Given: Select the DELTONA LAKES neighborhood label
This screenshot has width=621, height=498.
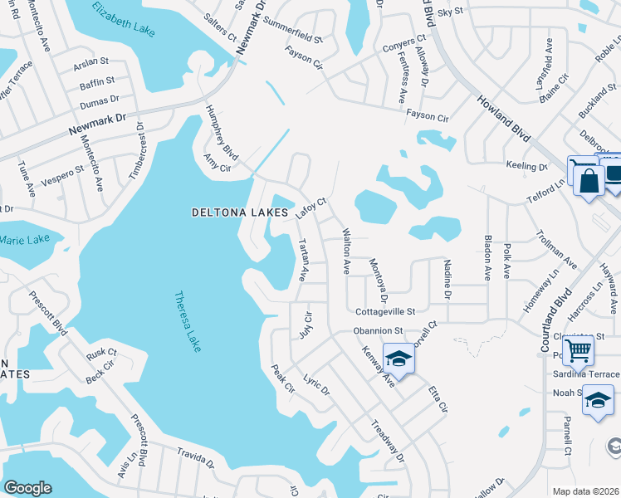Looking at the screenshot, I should (240, 212).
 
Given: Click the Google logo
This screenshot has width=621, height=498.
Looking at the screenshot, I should (27, 488).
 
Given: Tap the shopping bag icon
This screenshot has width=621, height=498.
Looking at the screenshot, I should (589, 181).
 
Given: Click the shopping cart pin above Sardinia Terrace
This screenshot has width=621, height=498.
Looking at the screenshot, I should (577, 349).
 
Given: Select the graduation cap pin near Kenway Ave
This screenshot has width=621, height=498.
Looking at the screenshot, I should (399, 359).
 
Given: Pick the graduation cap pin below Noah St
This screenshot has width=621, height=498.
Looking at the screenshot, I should (598, 402).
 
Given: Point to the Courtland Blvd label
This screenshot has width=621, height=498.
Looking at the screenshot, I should (557, 320).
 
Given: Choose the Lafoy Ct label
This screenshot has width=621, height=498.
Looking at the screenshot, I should (311, 208).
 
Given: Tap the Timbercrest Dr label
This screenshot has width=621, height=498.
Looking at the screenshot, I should (135, 150).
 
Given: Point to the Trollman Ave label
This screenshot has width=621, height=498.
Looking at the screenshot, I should (556, 248).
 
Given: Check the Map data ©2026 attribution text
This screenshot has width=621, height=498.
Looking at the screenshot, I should (585, 491).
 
